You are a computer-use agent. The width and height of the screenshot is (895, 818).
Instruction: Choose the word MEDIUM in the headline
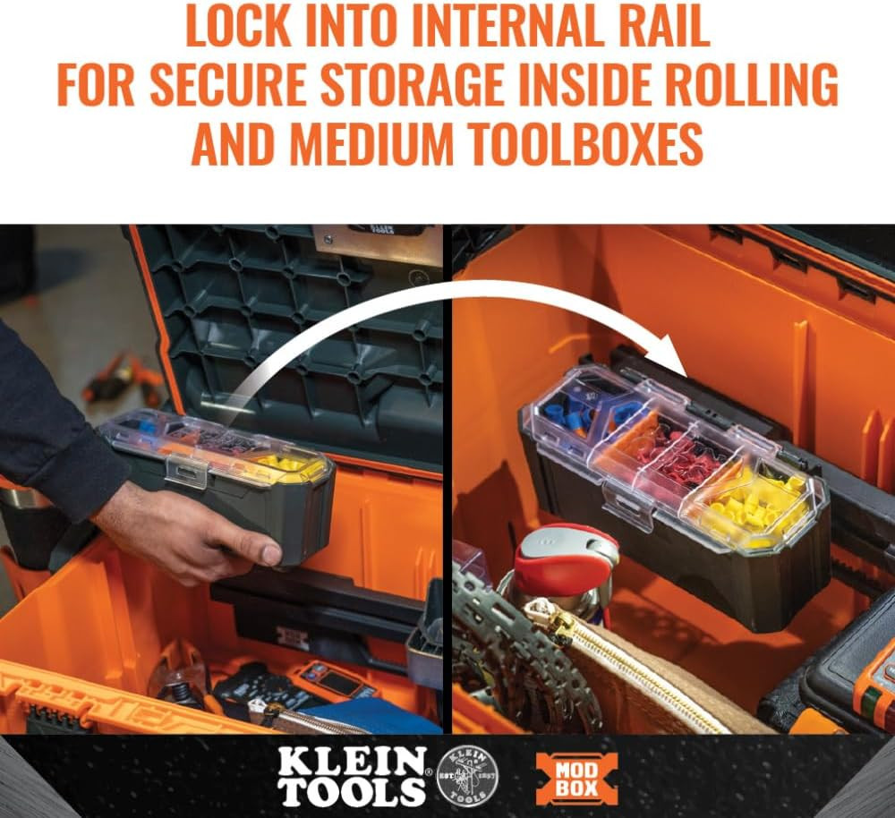pos(379,144)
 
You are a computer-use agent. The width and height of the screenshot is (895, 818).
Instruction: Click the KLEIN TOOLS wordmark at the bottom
pos(351,775)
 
